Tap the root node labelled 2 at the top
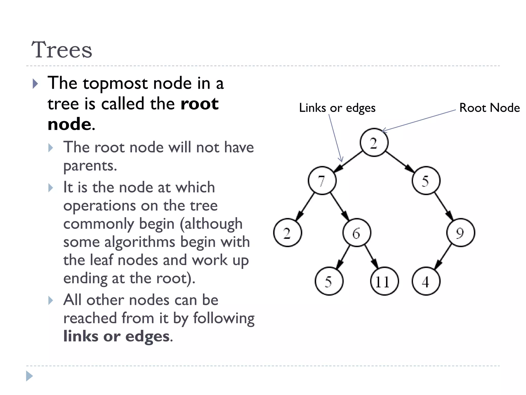(374, 143)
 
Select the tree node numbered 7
(322, 181)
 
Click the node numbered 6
(356, 233)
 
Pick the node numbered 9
(461, 233)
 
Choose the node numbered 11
(384, 281)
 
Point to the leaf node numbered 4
(426, 281)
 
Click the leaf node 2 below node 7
(287, 233)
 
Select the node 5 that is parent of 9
(426, 181)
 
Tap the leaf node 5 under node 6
(329, 281)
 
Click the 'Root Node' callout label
(489, 108)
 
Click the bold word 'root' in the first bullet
(199, 104)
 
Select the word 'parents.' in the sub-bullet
(90, 166)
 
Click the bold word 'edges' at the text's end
(147, 336)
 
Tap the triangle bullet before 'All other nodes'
(51, 300)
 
